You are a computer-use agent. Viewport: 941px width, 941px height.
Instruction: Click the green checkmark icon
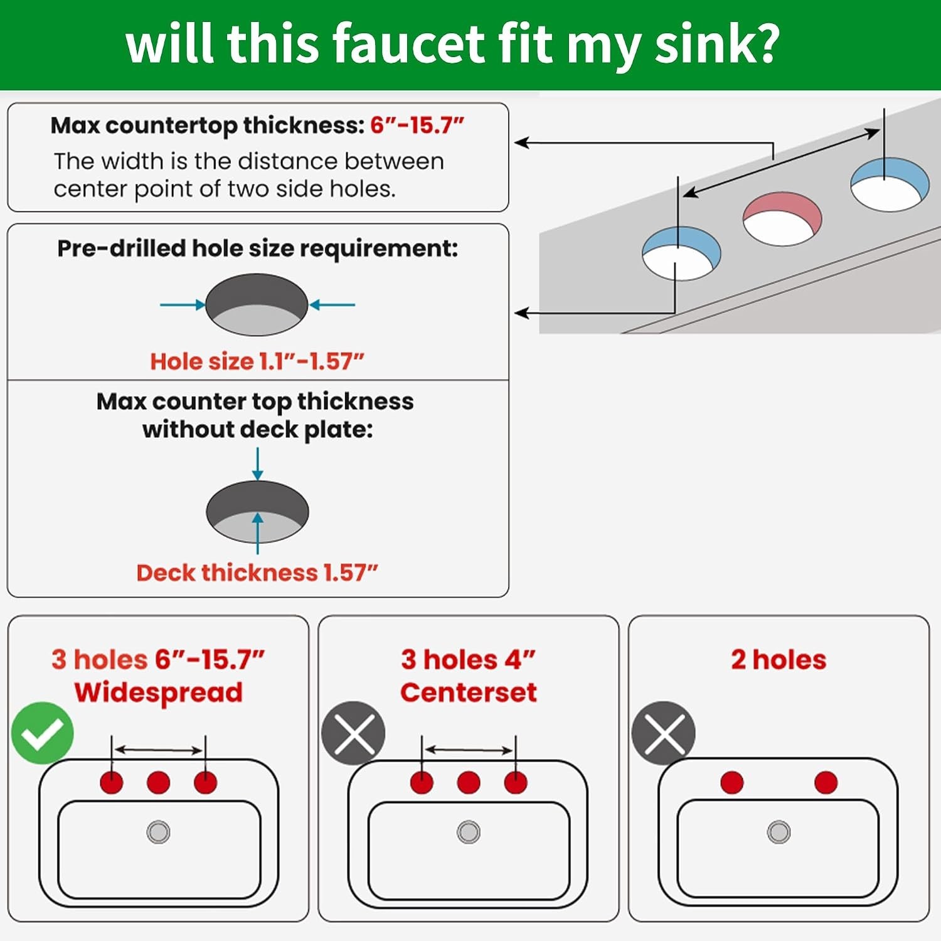pyautogui.click(x=43, y=733)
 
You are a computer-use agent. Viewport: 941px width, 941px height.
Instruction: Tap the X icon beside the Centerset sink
pyautogui.click(x=353, y=733)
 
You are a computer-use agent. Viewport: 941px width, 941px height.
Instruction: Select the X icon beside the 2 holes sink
pyautogui.click(x=664, y=733)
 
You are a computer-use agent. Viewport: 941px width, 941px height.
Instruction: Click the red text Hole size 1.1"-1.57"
pyautogui.click(x=257, y=361)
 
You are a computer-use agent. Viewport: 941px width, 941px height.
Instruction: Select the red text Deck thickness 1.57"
pyautogui.click(x=257, y=572)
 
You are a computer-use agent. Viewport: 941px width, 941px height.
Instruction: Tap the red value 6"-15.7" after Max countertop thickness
pyautogui.click(x=417, y=125)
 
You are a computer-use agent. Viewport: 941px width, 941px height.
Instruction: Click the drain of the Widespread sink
pyautogui.click(x=158, y=832)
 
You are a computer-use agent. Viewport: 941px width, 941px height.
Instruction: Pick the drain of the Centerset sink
pyautogui.click(x=469, y=832)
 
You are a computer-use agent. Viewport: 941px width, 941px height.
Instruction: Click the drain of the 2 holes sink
pyautogui.click(x=779, y=832)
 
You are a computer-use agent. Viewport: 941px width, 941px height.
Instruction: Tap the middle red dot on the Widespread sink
pyautogui.click(x=158, y=782)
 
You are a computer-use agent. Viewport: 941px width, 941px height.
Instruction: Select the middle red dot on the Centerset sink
pyautogui.click(x=469, y=782)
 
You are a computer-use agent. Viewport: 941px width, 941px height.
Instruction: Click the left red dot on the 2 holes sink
pyautogui.click(x=732, y=782)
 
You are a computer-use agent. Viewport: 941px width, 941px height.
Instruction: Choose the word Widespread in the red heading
pyautogui.click(x=158, y=693)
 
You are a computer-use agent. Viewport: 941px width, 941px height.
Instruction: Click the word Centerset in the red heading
pyautogui.click(x=469, y=693)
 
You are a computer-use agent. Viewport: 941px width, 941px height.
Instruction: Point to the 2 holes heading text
pyautogui.click(x=779, y=659)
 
